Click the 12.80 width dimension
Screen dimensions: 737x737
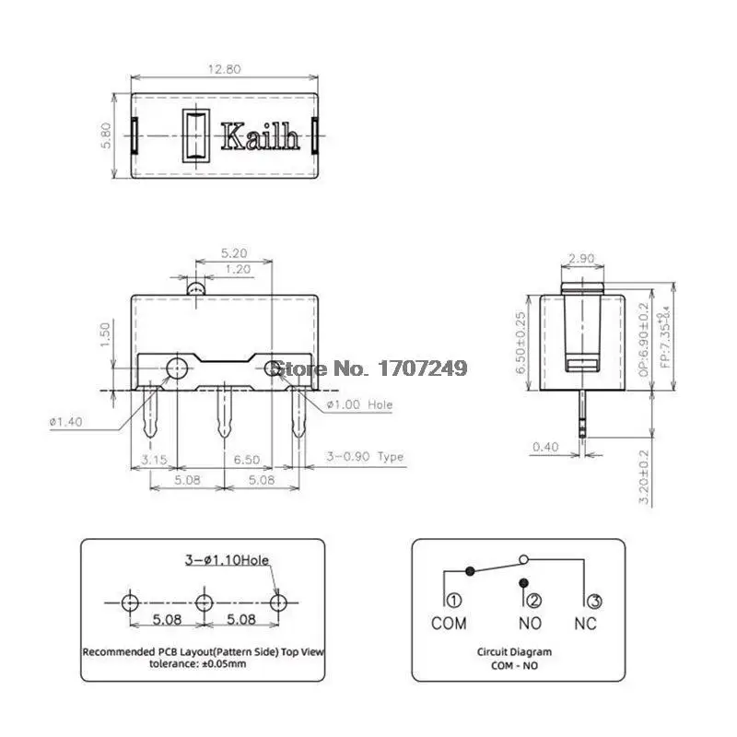coord(225,67)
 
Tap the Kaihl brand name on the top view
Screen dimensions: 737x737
coord(260,138)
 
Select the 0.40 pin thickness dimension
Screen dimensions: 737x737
coord(544,448)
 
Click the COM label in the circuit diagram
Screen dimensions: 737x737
coord(449,624)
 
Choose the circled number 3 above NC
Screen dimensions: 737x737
coord(594,602)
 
